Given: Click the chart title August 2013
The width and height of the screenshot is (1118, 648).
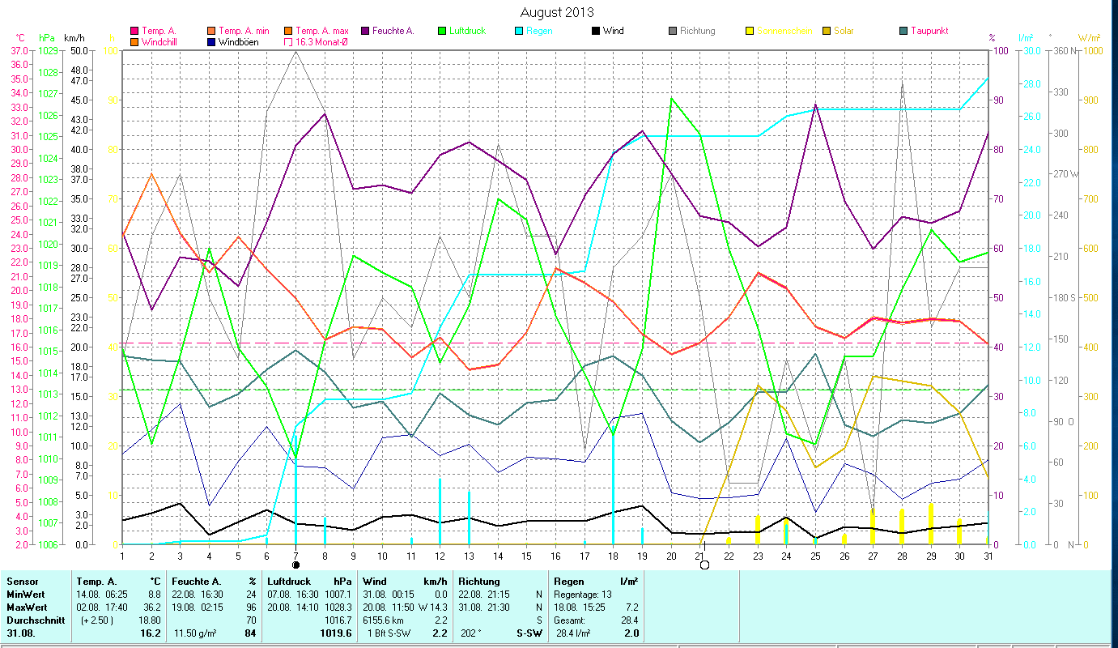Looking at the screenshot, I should (x=556, y=12).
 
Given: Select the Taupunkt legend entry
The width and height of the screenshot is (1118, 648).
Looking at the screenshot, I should (x=928, y=31).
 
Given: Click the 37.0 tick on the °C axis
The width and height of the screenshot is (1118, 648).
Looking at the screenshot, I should (x=19, y=50).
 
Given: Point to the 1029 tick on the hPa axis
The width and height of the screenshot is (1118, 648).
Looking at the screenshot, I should (x=48, y=50).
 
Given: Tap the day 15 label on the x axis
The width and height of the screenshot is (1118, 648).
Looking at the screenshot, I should (x=526, y=555).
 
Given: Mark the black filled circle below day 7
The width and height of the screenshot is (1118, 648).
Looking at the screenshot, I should (x=295, y=565).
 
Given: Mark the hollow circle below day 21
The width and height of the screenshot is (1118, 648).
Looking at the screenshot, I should (x=704, y=565).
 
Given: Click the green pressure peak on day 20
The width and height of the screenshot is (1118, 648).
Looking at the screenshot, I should (x=672, y=99).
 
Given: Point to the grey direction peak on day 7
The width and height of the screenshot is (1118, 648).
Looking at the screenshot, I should (x=296, y=51).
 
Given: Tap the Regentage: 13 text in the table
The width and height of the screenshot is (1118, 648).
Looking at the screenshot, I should (x=583, y=595).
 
